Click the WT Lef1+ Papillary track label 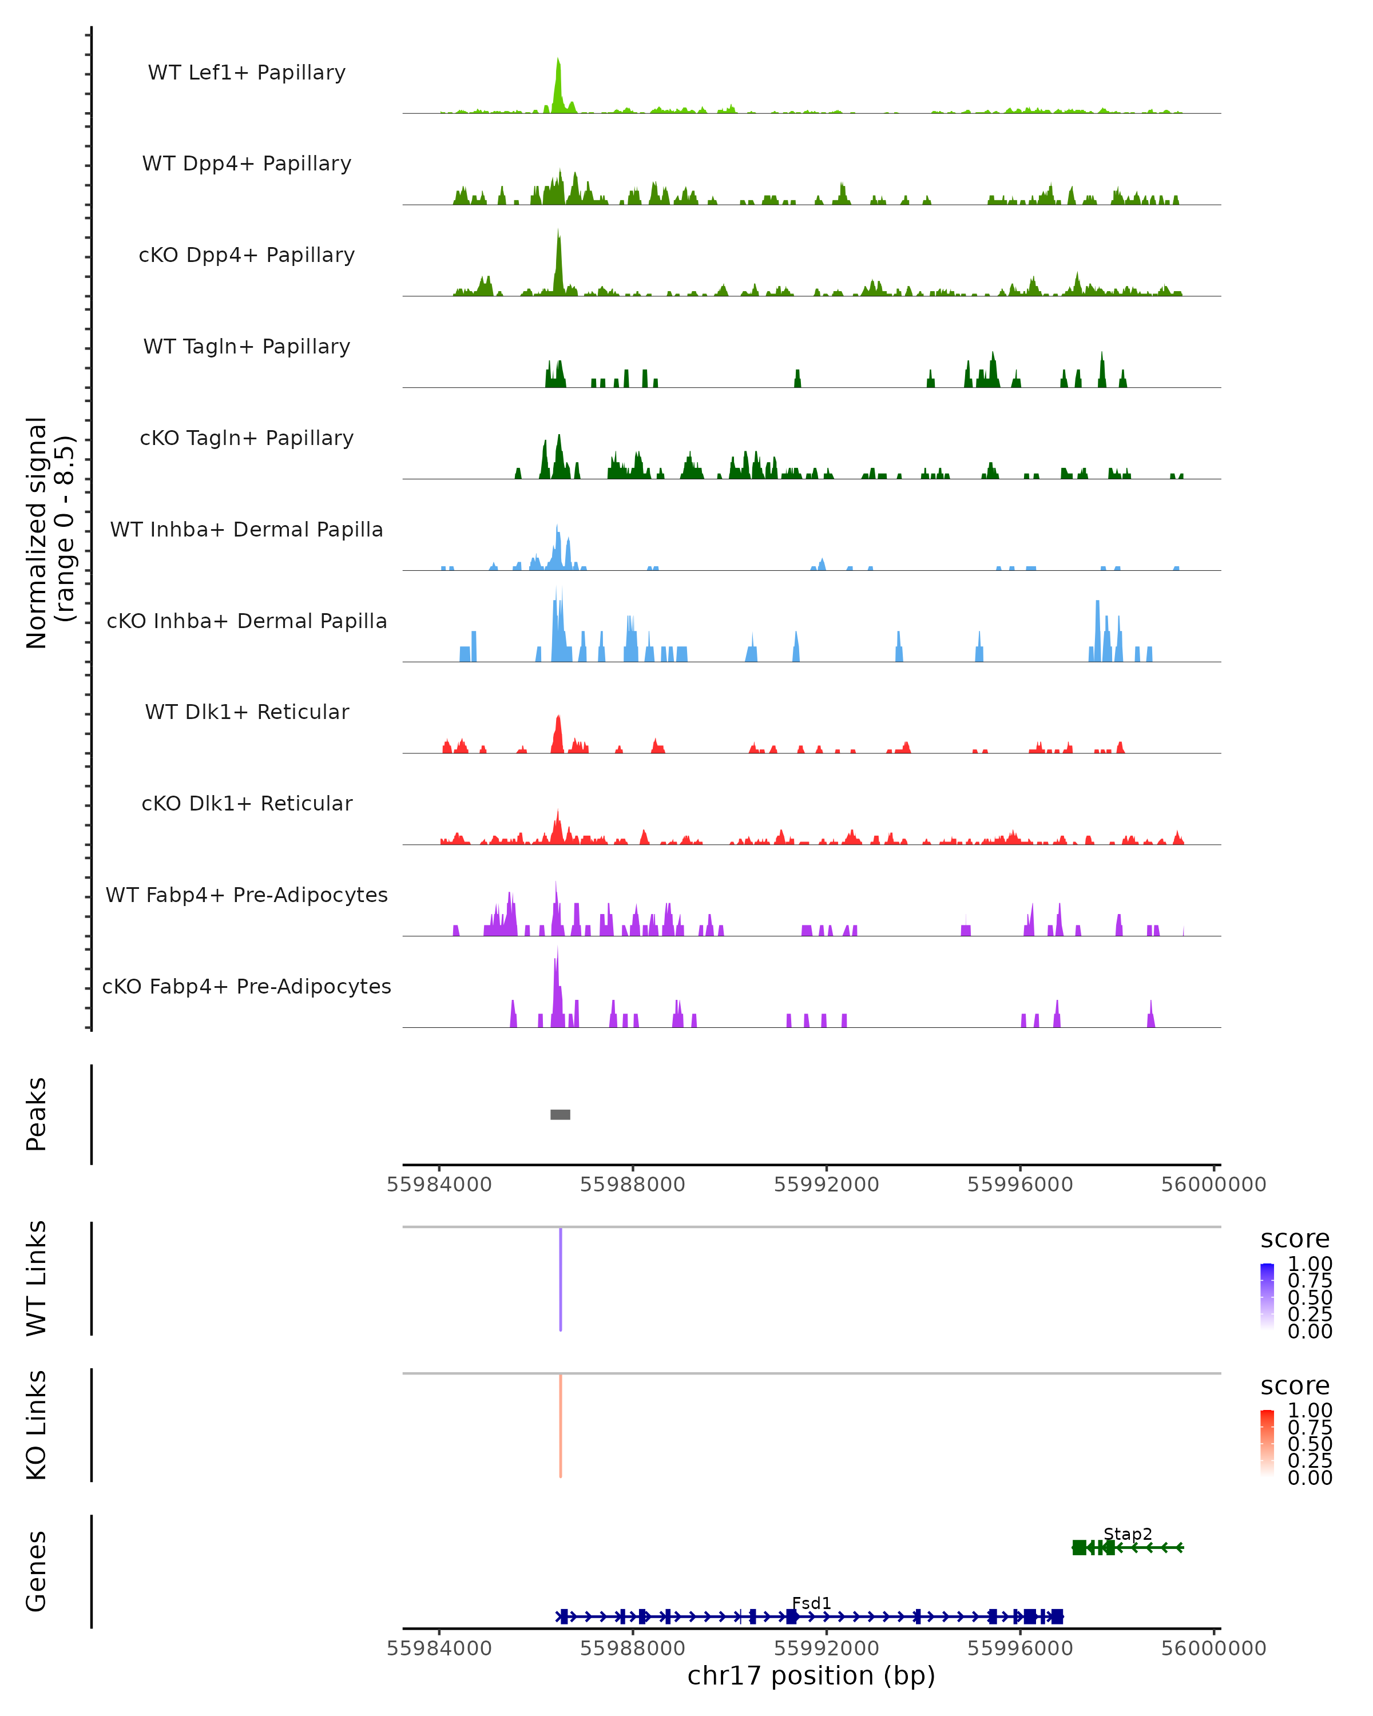click(247, 73)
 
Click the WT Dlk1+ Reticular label click(247, 712)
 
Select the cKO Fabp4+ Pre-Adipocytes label click(247, 986)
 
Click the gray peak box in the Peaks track click(560, 1114)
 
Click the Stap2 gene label click(1127, 1534)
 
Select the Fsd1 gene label click(811, 1603)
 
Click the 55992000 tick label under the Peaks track click(826, 1185)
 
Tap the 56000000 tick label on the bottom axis click(1213, 1649)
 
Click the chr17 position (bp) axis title click(811, 1675)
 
